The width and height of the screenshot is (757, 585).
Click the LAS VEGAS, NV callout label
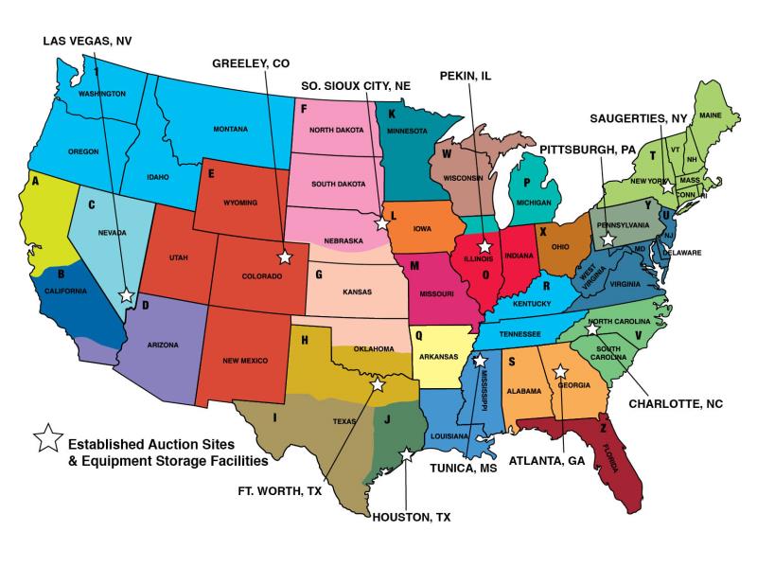coord(87,40)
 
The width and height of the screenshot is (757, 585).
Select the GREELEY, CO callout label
coord(250,63)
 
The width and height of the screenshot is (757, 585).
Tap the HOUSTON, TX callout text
coord(411,517)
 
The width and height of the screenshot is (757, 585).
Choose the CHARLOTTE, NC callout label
coord(676,403)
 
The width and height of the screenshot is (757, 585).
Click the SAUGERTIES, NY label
coord(637,118)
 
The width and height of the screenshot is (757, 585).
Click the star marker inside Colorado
coord(284,257)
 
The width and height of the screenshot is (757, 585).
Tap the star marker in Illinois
coord(484,246)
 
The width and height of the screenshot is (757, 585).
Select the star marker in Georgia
coord(559,372)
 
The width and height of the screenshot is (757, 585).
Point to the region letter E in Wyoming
coord(211,173)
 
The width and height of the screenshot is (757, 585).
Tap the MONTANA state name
coord(230,129)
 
